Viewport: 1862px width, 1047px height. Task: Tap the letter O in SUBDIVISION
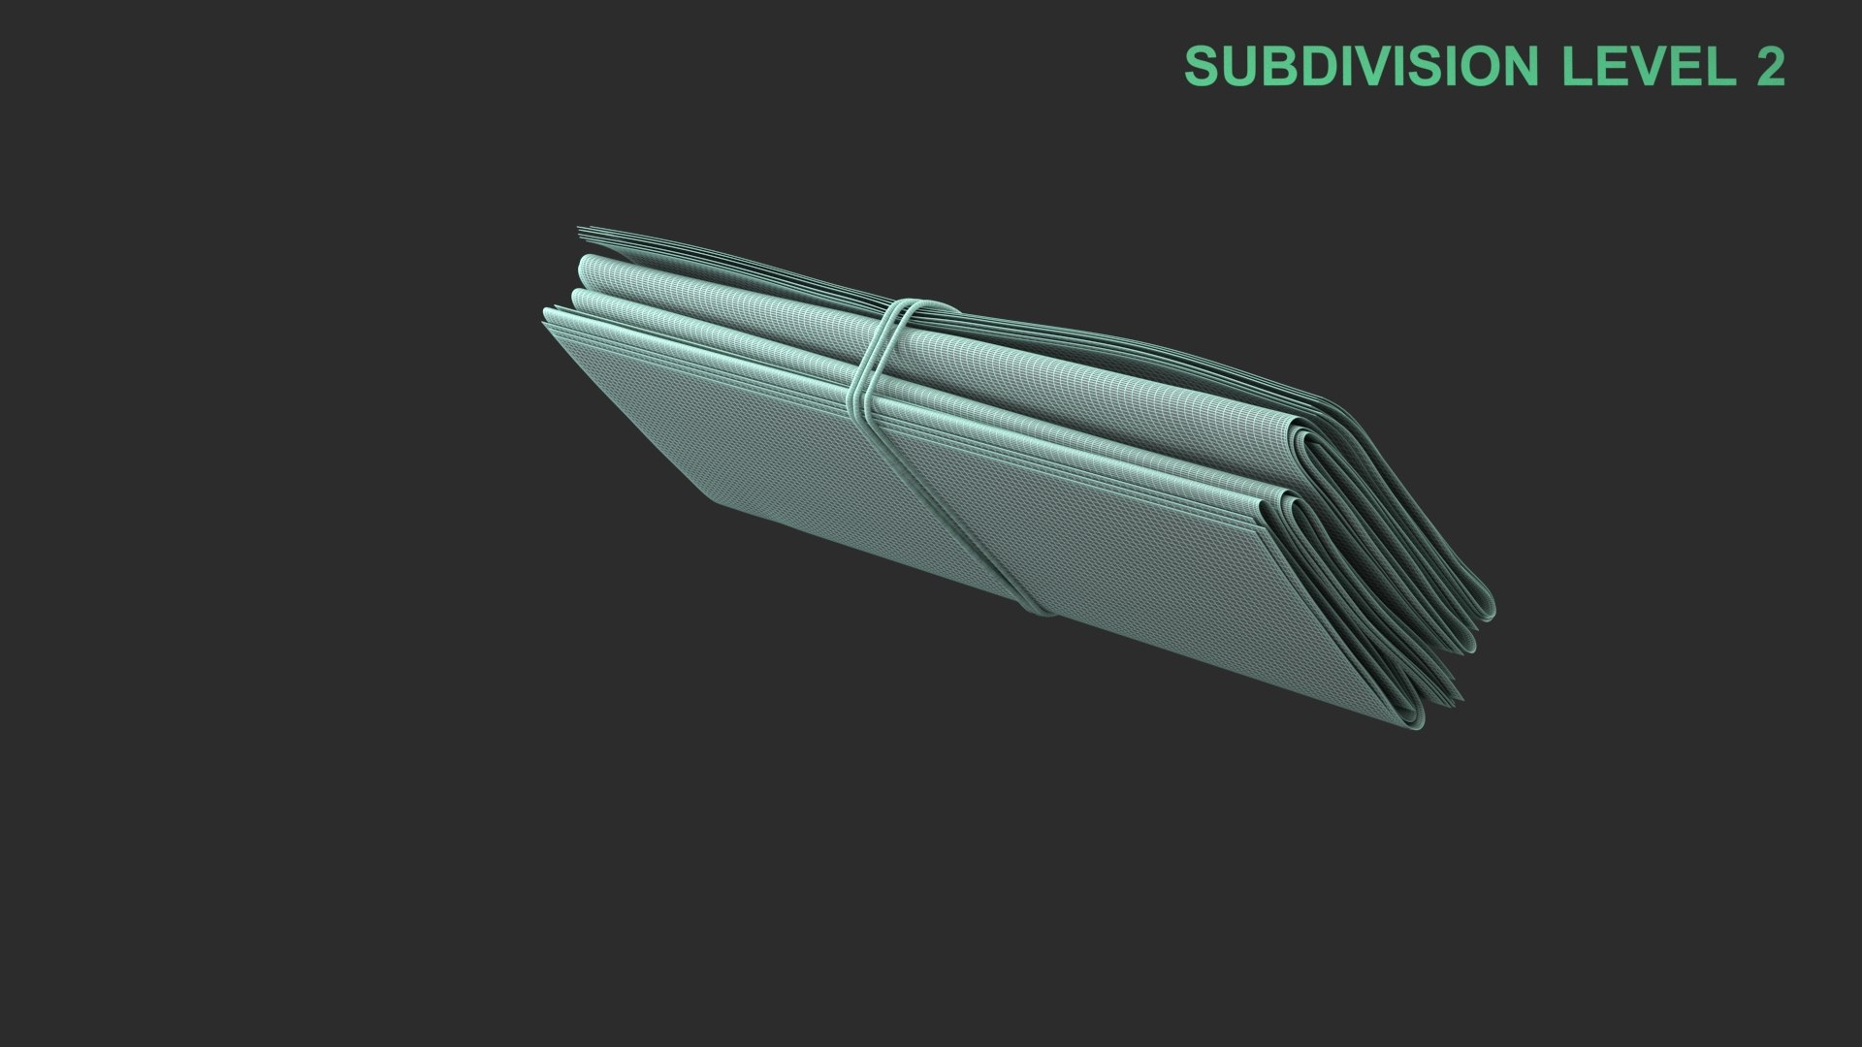pos(1478,66)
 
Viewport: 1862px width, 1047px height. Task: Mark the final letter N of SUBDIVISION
pos(1520,66)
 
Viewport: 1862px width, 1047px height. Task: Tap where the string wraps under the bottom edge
pos(1036,609)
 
